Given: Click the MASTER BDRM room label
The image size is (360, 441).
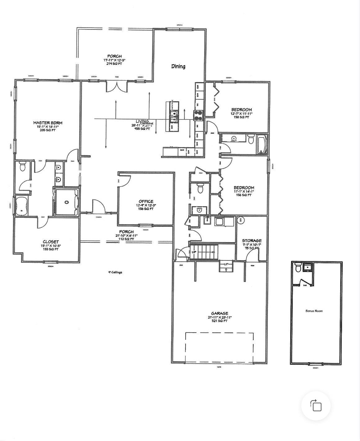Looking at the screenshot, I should point(48,123).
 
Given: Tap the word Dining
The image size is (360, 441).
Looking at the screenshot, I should point(178,66).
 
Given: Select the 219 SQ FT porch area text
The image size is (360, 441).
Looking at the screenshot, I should point(114,64).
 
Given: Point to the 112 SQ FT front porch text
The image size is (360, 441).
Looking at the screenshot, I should point(126,239).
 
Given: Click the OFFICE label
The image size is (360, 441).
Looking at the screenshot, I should point(146,201).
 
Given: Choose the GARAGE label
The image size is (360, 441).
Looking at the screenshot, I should point(220,314).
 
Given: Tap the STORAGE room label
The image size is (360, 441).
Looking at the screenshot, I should point(252,241).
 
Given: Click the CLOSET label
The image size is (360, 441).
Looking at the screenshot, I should point(51,242).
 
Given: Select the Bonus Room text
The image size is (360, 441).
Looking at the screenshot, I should point(314,311).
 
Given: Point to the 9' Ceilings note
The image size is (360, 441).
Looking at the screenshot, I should point(115,272).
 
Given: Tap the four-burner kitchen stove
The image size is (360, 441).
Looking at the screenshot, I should point(198,115).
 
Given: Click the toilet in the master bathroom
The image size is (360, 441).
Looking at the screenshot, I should point(22,167).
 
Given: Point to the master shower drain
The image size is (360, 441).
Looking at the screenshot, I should point(66,202).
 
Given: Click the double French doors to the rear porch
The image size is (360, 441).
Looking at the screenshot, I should point(117,87).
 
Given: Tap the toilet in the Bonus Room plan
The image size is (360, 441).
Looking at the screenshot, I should point(298,267).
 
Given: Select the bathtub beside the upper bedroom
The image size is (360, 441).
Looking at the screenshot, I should point(263,144).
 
